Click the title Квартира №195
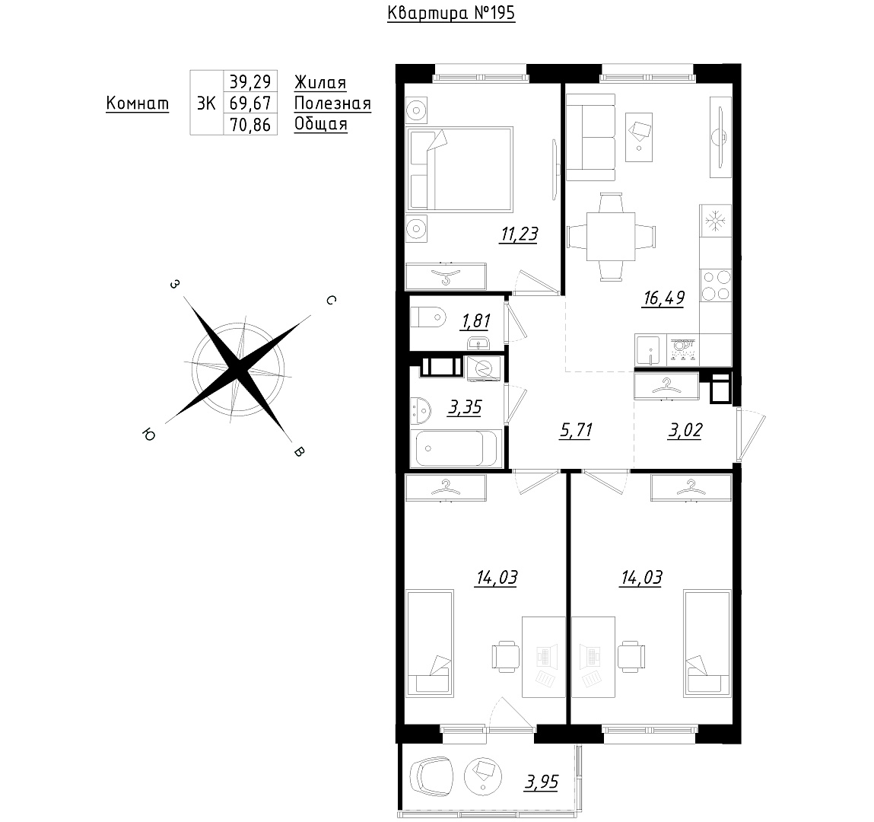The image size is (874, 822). click(x=451, y=13)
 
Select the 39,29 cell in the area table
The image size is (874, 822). click(x=250, y=82)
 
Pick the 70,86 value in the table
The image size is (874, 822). click(x=250, y=125)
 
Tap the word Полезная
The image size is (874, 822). click(x=332, y=104)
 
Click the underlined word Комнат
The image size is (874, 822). click(x=137, y=104)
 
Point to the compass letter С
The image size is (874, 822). click(x=331, y=300)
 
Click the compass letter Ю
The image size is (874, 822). click(x=149, y=435)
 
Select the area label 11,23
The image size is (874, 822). click(x=519, y=234)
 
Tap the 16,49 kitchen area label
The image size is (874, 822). click(x=663, y=298)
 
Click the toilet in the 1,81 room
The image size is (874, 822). click(x=429, y=318)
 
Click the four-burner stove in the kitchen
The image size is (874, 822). click(x=716, y=285)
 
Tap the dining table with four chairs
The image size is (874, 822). click(x=611, y=237)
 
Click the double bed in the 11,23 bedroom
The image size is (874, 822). click(x=460, y=170)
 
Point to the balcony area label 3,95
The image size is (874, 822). click(x=542, y=782)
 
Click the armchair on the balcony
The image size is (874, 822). click(x=431, y=777)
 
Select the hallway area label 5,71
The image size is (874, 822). click(x=576, y=431)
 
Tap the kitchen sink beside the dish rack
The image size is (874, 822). click(x=647, y=350)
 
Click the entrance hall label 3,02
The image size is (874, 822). click(x=685, y=431)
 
